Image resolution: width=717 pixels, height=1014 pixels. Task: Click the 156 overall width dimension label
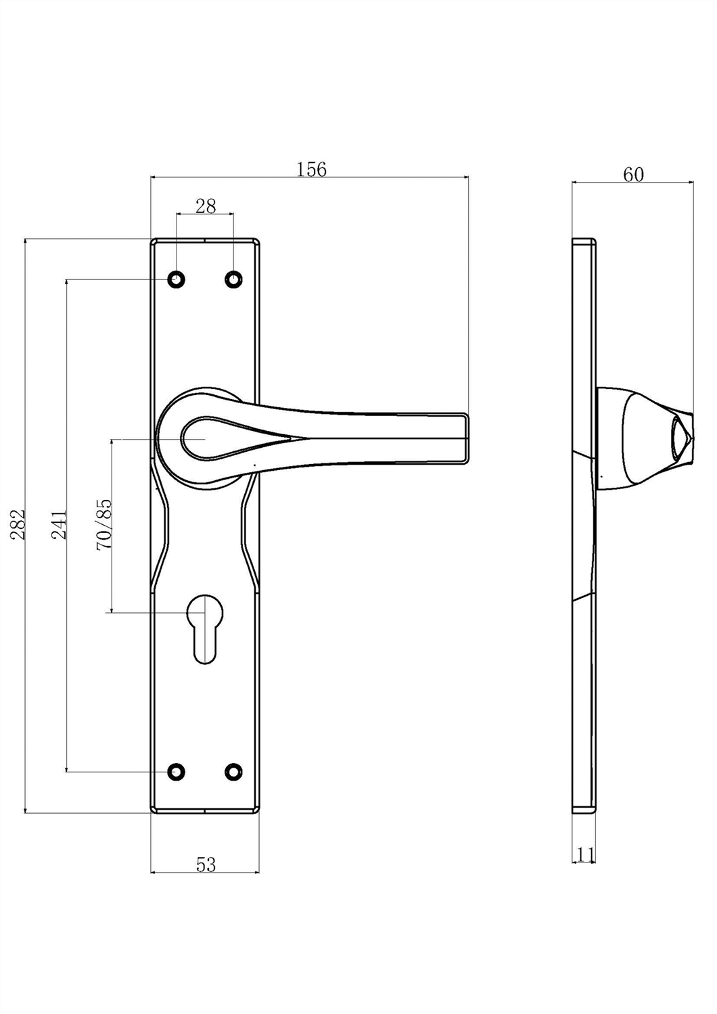tap(311, 169)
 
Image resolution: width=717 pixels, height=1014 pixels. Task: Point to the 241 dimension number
tap(59, 525)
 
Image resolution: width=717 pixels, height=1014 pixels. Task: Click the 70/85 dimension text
tap(103, 524)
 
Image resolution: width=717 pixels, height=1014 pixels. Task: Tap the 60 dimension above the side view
tap(633, 175)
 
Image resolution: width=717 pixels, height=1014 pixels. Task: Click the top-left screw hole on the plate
tap(177, 279)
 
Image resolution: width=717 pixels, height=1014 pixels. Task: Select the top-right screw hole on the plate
tap(233, 279)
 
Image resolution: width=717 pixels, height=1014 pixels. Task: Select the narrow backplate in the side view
tap(584, 525)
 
